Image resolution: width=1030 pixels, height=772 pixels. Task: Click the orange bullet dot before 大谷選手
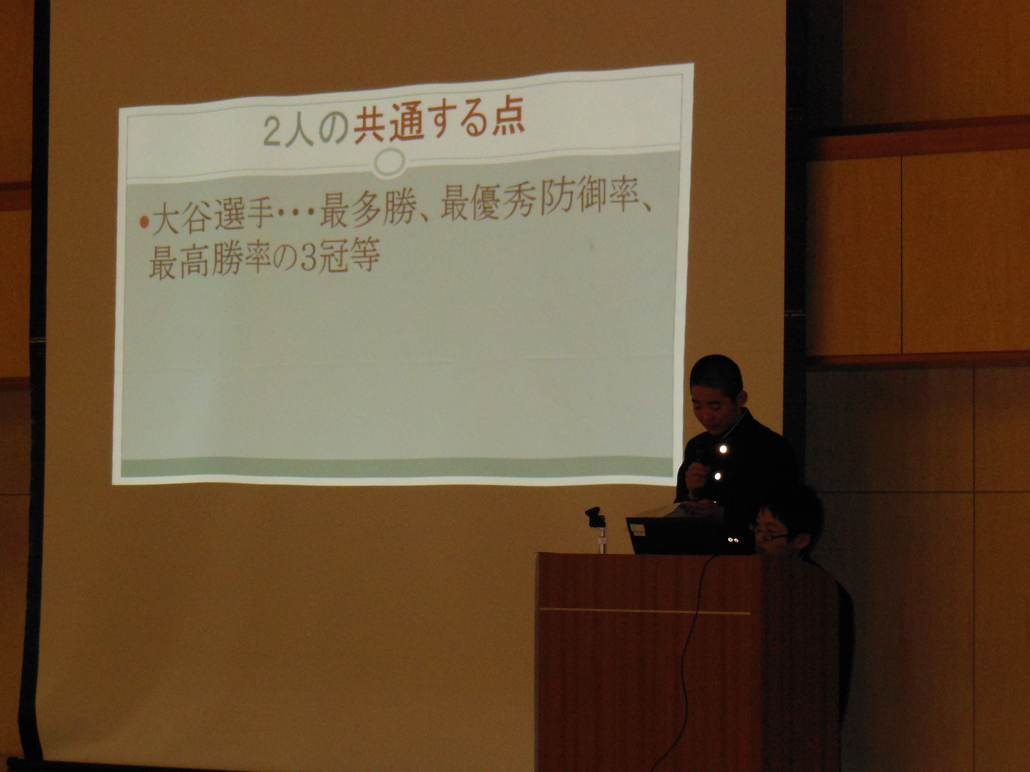[145, 222]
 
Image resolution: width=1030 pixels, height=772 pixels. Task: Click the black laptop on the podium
[689, 535]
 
